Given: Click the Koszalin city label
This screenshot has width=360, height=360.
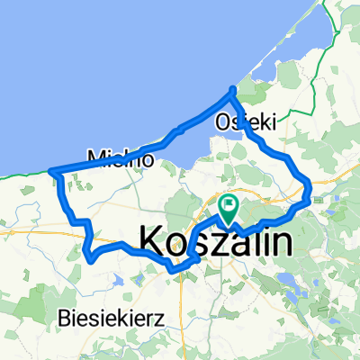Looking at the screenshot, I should click(216, 241).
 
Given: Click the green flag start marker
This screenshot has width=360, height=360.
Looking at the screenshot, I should click(228, 207).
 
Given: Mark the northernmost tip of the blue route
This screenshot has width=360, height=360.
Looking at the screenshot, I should click(233, 88).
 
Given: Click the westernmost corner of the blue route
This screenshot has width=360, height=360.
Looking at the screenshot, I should click(51, 171).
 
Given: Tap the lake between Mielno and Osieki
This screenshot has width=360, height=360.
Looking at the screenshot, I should click(193, 148).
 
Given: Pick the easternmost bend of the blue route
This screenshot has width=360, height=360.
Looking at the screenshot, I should click(310, 189).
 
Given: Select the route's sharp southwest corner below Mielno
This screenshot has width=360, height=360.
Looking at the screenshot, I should click(90, 258).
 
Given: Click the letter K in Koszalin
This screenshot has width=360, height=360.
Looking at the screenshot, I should click(153, 241).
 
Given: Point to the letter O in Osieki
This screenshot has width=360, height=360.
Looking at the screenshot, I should click(222, 121).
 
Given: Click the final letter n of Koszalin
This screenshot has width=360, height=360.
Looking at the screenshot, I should click(281, 241).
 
